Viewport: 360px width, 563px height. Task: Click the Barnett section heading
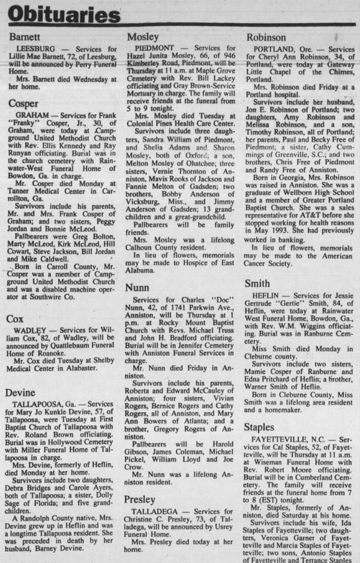(x=25, y=37)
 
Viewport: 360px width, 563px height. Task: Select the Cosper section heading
(x=23, y=104)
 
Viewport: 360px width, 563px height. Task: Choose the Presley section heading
(x=144, y=499)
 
